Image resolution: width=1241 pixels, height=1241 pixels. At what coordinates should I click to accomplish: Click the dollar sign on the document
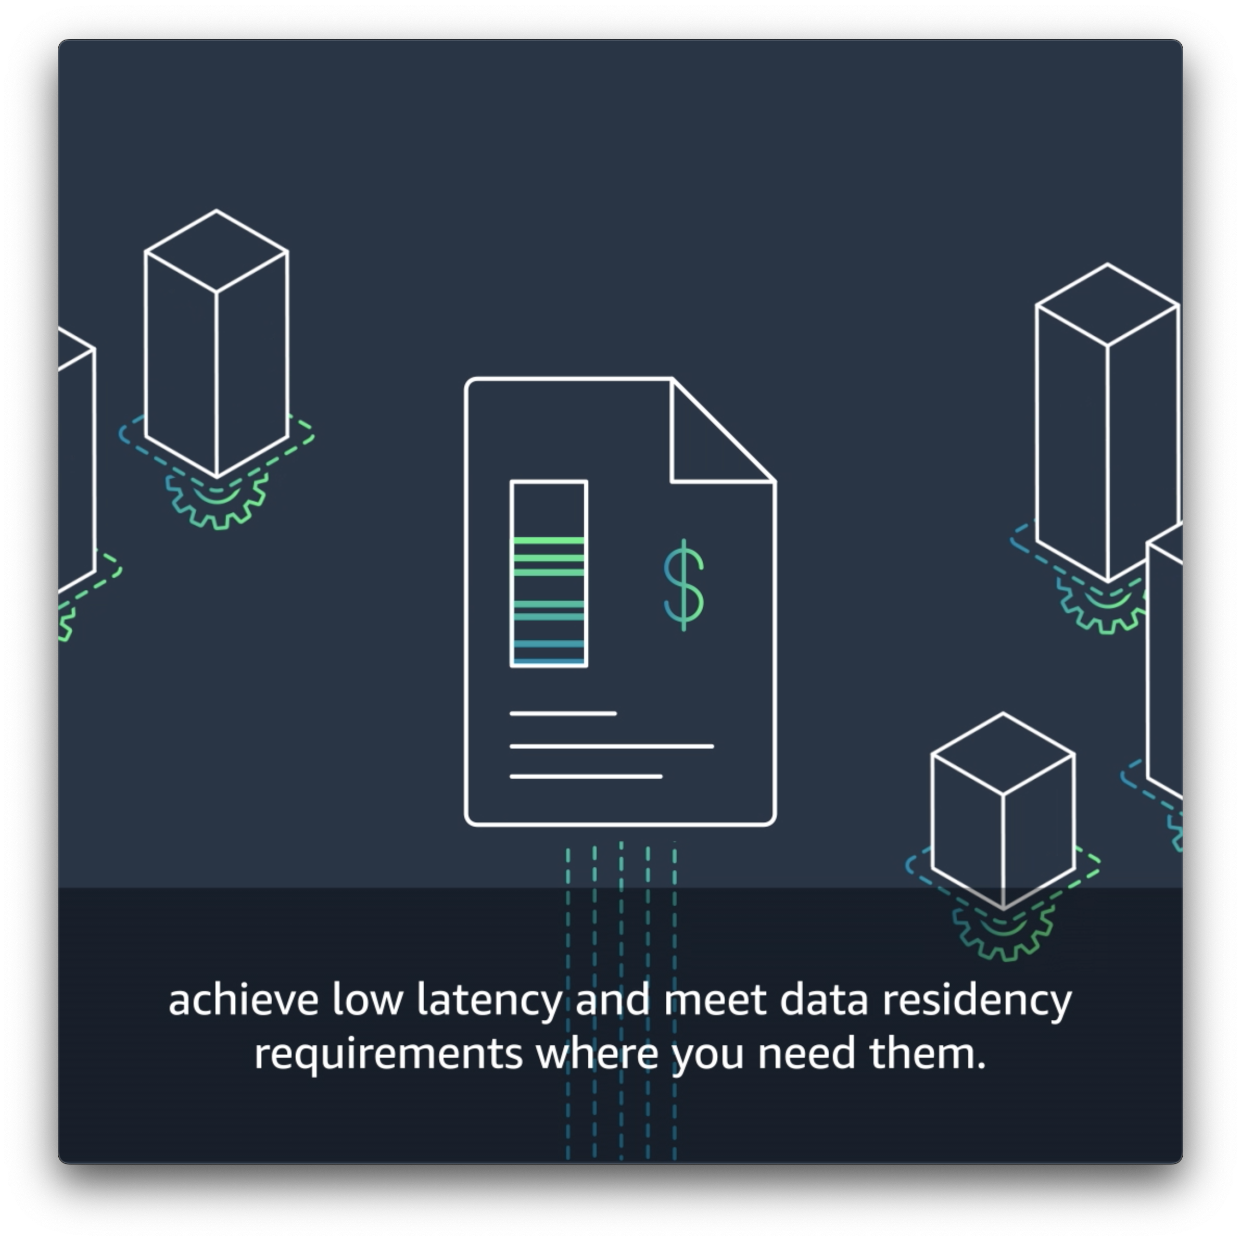pos(683,585)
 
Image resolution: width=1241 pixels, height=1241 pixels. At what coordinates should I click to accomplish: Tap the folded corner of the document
pos(706,443)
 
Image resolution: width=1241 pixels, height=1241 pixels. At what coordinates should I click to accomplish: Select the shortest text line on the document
pos(563,713)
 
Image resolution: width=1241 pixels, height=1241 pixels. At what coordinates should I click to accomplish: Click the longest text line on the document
pos(612,746)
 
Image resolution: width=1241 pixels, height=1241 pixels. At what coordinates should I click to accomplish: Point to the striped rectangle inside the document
pos(549,574)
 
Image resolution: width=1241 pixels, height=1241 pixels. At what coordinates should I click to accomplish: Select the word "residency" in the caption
pos(977,1001)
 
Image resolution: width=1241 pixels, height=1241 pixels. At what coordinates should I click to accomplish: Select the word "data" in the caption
pos(824,1001)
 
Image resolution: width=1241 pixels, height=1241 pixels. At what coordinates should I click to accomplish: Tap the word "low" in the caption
pos(367,1001)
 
